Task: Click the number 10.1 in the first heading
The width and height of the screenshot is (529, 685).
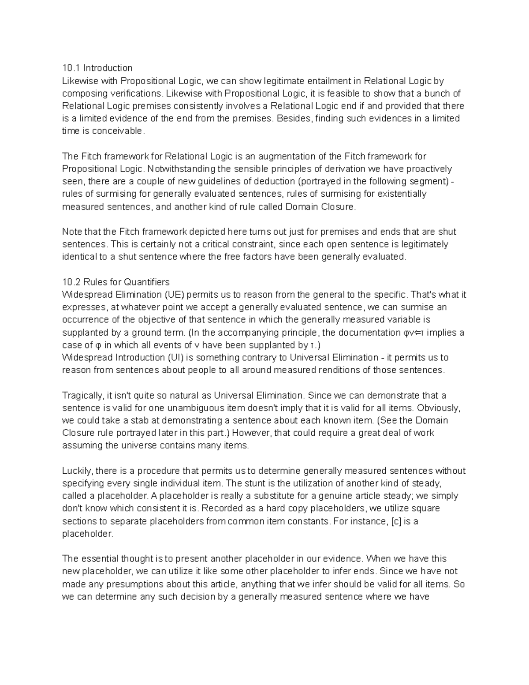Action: pyautogui.click(x=71, y=68)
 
